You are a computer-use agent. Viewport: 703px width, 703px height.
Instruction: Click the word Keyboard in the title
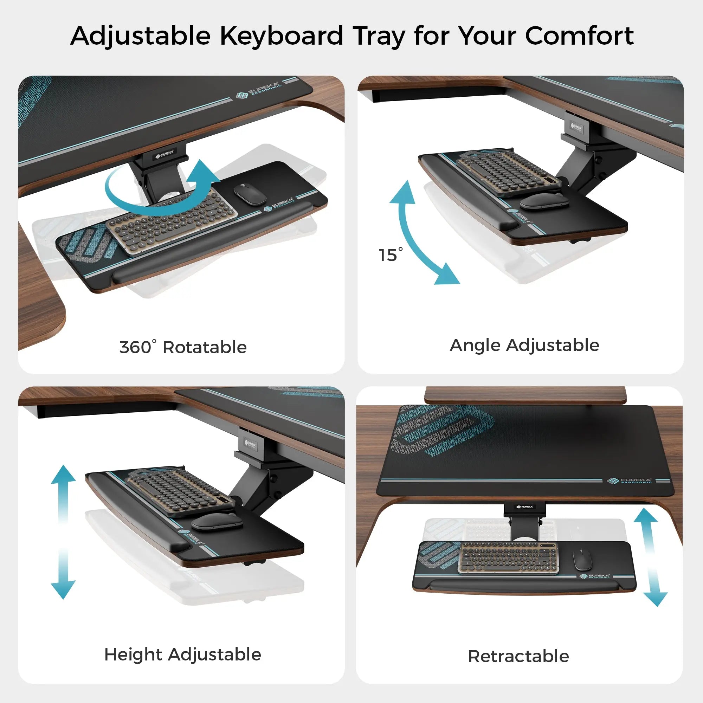(281, 37)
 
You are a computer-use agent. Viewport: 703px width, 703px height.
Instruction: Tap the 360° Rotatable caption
(183, 347)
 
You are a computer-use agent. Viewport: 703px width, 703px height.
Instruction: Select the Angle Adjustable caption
(524, 345)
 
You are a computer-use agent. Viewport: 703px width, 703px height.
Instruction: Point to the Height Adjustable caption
(183, 654)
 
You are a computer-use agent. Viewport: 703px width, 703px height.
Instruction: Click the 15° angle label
(390, 255)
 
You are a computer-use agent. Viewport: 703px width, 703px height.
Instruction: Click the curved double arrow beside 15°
(418, 233)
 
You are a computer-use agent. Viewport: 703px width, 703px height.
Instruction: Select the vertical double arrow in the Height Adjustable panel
(63, 531)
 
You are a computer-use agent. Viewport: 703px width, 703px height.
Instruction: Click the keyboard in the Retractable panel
(508, 557)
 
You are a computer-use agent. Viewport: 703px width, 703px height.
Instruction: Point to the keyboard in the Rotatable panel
(171, 222)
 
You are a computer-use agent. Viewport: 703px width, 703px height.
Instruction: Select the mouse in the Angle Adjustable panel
(544, 201)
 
